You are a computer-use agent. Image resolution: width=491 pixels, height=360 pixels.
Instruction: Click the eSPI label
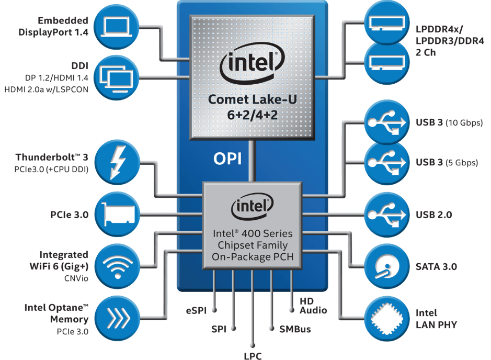click(x=196, y=310)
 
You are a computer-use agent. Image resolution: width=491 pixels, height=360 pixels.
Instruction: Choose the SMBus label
click(x=295, y=329)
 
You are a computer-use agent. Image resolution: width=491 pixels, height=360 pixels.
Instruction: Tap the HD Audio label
click(x=313, y=306)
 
